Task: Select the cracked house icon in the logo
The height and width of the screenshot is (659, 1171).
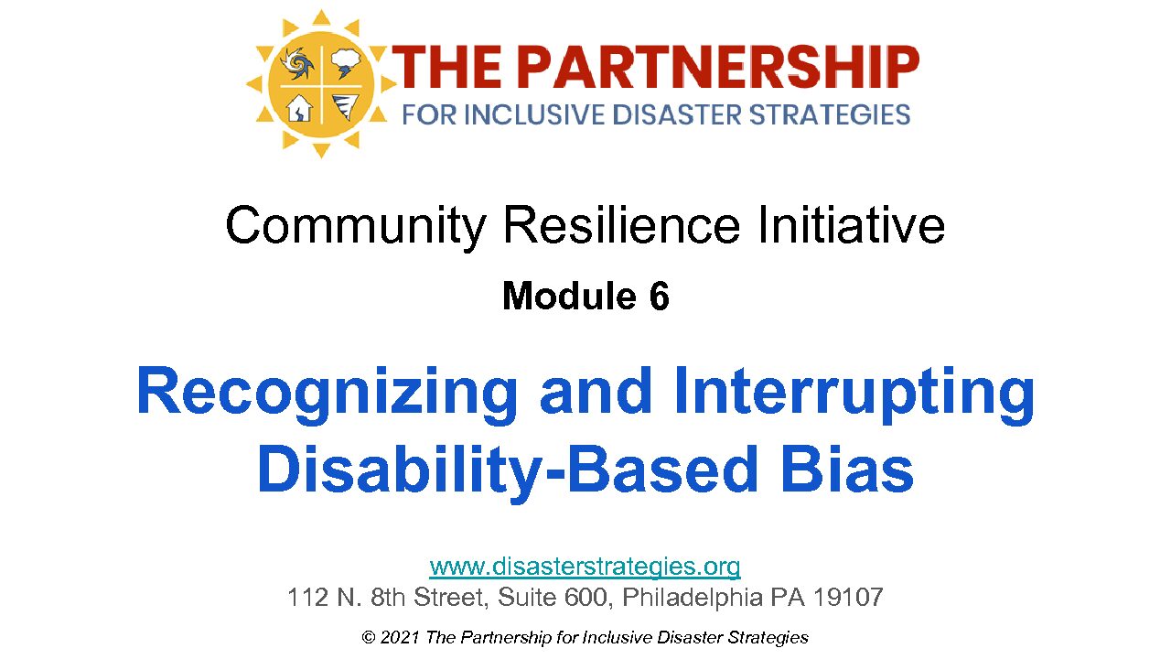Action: [299, 108]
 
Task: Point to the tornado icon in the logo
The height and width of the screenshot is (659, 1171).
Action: [346, 107]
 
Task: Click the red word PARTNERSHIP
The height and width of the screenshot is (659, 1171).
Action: [720, 67]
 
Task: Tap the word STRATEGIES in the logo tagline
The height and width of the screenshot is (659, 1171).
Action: [830, 115]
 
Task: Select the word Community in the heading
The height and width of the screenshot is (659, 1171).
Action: [356, 227]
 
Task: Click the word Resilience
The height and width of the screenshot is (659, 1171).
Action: [621, 225]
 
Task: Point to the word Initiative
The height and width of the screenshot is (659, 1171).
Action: [851, 225]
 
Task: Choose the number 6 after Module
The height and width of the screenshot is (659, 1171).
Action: [660, 296]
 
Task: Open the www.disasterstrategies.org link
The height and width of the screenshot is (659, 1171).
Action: [585, 567]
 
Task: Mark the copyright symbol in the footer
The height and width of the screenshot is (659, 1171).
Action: [369, 638]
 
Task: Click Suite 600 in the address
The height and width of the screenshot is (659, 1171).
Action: [555, 598]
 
